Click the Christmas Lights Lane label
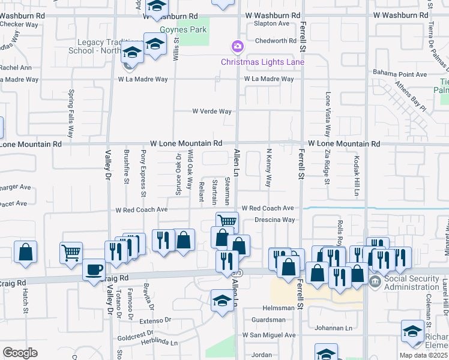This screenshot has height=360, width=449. [262, 62]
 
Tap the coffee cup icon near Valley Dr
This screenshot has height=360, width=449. [94, 270]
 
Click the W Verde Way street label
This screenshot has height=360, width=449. [211, 111]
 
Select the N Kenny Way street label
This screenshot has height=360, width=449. [269, 167]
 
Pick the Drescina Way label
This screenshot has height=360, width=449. [274, 220]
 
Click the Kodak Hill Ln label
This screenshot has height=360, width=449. [356, 176]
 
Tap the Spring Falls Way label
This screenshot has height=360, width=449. [71, 113]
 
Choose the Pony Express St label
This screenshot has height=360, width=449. [143, 173]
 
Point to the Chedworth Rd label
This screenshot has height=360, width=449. [276, 41]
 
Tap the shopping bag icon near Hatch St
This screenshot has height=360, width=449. [25, 252]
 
